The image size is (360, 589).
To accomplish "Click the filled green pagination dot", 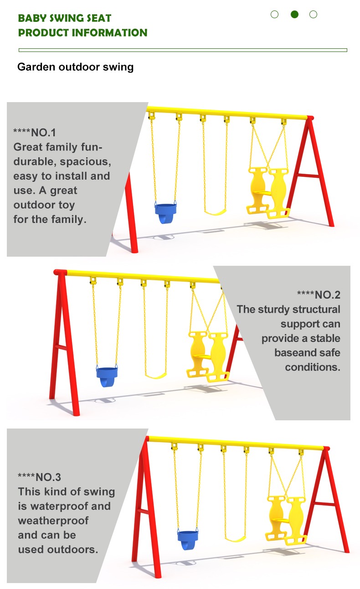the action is click(294, 14).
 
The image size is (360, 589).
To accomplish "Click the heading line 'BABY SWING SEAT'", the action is click(65, 18).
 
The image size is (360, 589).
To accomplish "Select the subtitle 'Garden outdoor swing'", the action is click(75, 67).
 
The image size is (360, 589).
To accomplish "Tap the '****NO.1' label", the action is click(35, 133).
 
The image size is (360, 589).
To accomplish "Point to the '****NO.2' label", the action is click(319, 295).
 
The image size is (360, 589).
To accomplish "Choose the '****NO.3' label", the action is click(39, 477).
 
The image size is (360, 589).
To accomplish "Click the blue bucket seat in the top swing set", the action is click(165, 213).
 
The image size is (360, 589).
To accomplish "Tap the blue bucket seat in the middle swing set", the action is click(107, 376).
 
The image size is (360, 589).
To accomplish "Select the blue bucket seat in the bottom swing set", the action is click(188, 540).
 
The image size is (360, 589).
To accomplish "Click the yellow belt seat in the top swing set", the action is click(215, 212).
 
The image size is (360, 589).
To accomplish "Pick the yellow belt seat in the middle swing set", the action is click(156, 375).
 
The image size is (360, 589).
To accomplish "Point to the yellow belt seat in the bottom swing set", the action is click(236, 538).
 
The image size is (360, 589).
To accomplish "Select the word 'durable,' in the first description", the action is click(35, 161).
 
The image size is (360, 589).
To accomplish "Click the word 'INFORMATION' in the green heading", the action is click(109, 33).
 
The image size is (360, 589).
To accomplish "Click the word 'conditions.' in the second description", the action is click(313, 367).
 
